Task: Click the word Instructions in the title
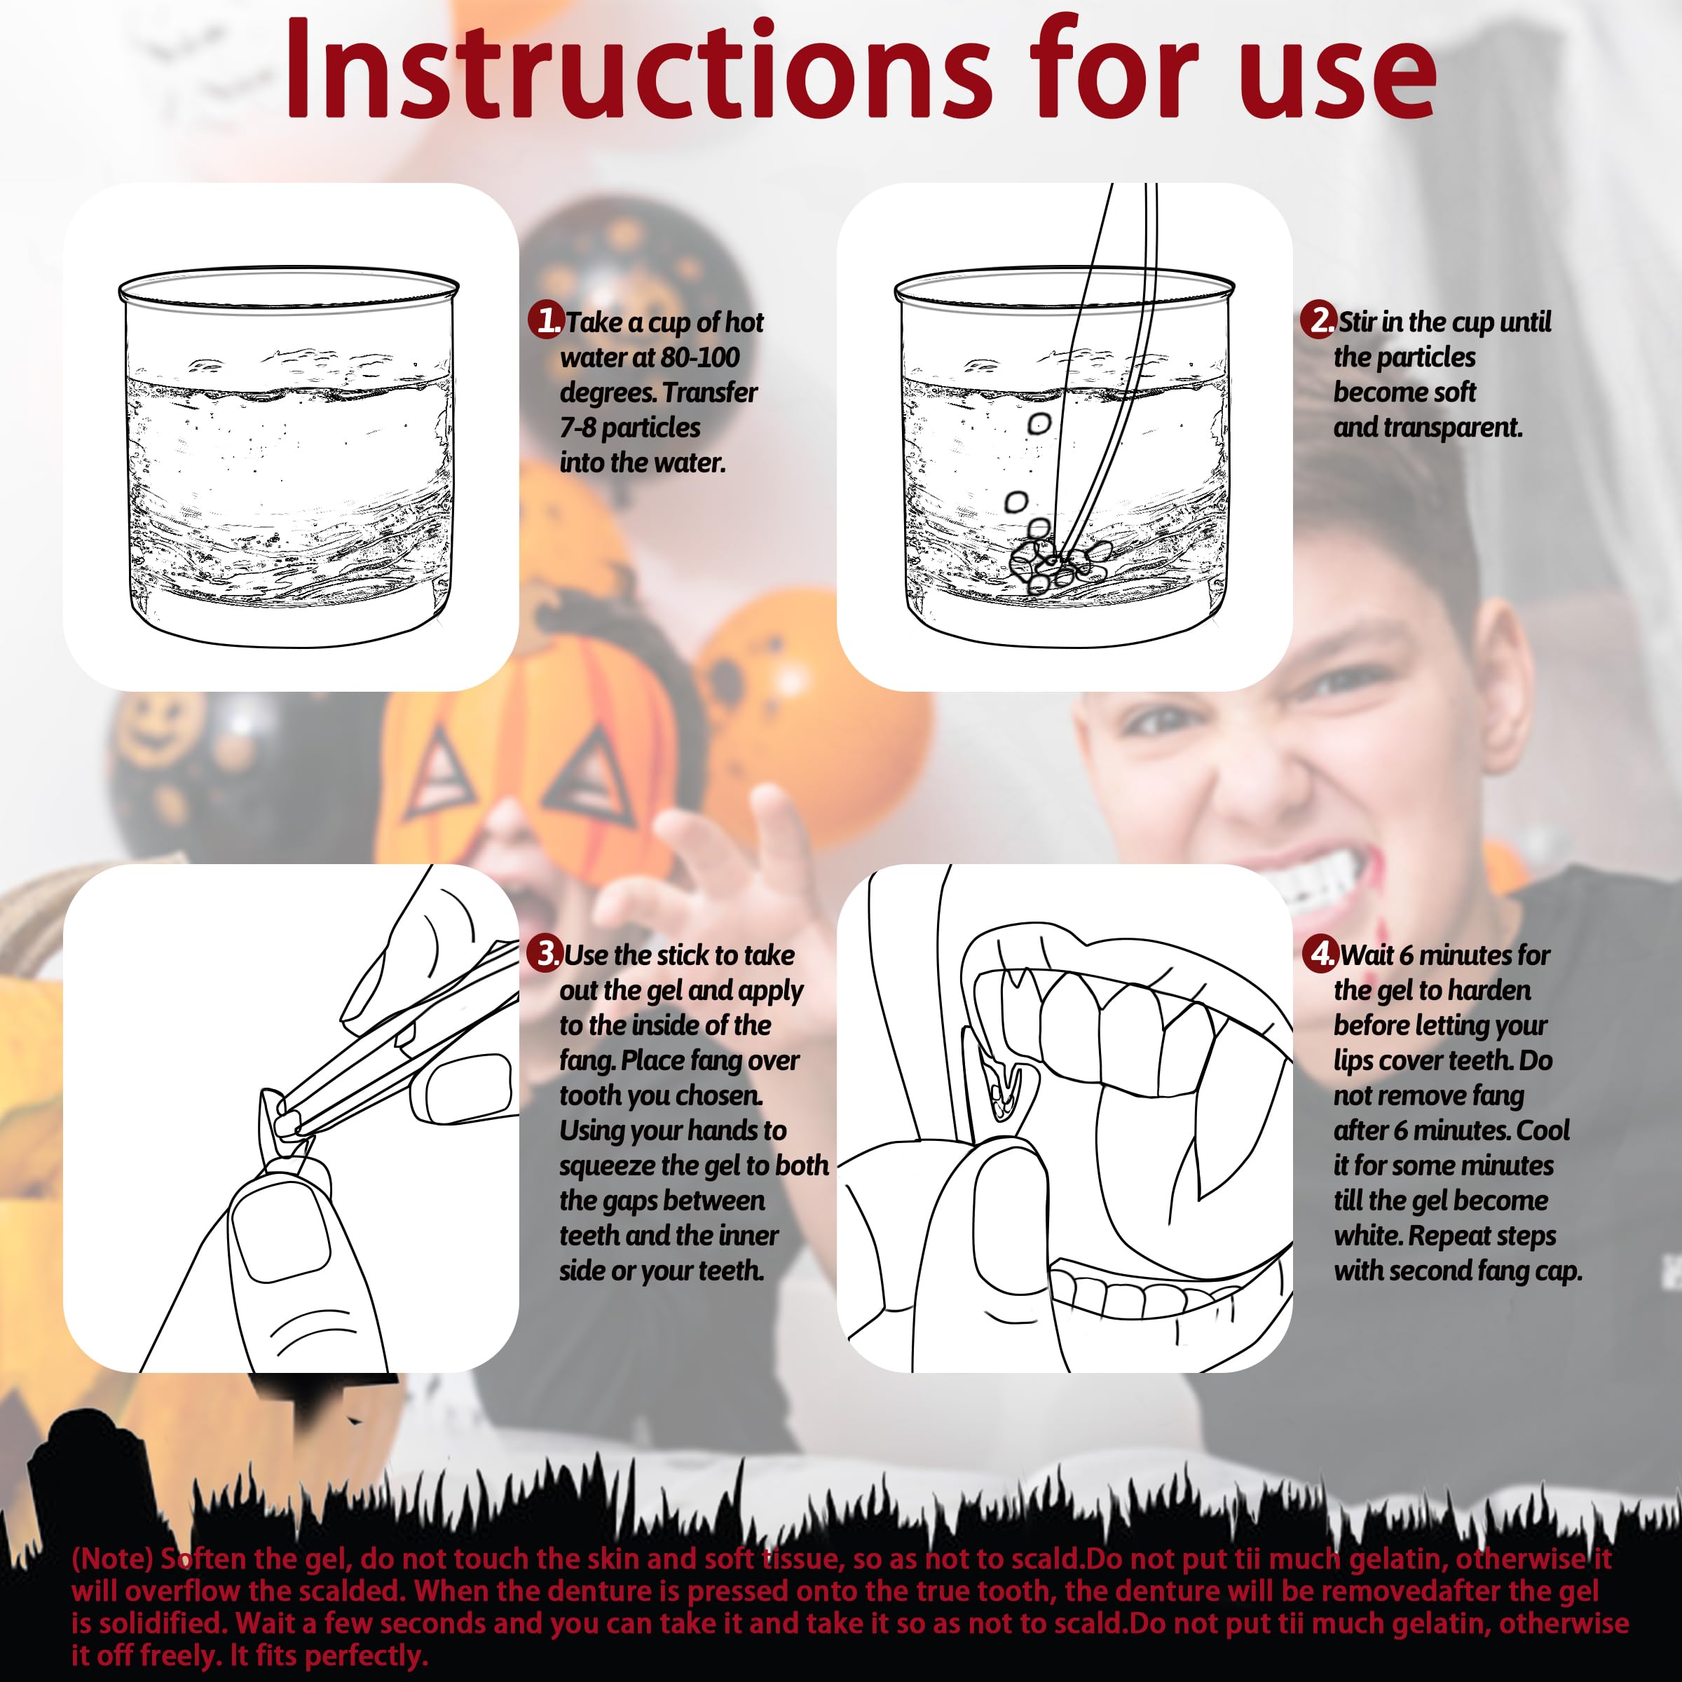pyautogui.click(x=639, y=69)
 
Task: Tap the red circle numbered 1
pyautogui.click(x=546, y=320)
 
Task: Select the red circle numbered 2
pyautogui.click(x=1318, y=320)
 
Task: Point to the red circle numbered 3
pyautogui.click(x=546, y=953)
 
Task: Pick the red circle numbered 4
pyautogui.click(x=1320, y=953)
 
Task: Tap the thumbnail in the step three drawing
pyautogui.click(x=284, y=1240)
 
